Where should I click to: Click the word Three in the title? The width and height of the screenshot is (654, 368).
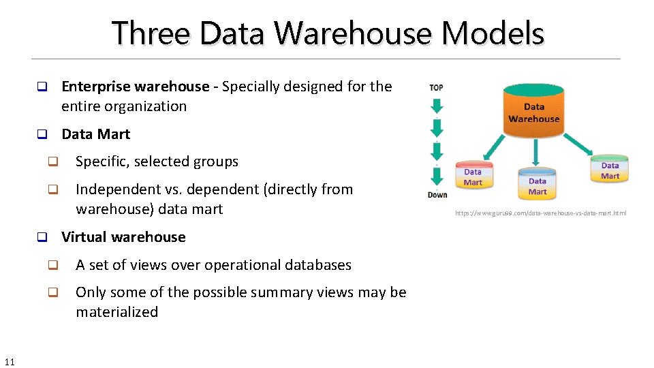point(153,33)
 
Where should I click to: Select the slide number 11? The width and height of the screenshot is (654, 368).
point(10,361)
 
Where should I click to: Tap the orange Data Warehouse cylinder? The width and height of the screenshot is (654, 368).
point(533,109)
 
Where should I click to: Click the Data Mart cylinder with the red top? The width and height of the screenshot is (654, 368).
point(473,175)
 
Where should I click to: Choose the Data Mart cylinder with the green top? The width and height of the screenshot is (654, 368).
point(610,168)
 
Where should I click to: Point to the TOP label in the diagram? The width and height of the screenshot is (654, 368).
point(437,87)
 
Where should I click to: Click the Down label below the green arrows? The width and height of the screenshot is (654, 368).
point(437,195)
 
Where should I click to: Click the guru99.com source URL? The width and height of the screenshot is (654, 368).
point(540,213)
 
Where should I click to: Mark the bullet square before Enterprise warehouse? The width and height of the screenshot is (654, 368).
point(41,87)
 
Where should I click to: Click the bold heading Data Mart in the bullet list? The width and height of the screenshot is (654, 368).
point(95,134)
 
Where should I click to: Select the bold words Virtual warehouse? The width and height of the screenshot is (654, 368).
point(123,237)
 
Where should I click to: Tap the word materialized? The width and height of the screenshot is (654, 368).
point(116,312)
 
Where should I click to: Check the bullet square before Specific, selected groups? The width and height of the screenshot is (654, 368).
point(52,162)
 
